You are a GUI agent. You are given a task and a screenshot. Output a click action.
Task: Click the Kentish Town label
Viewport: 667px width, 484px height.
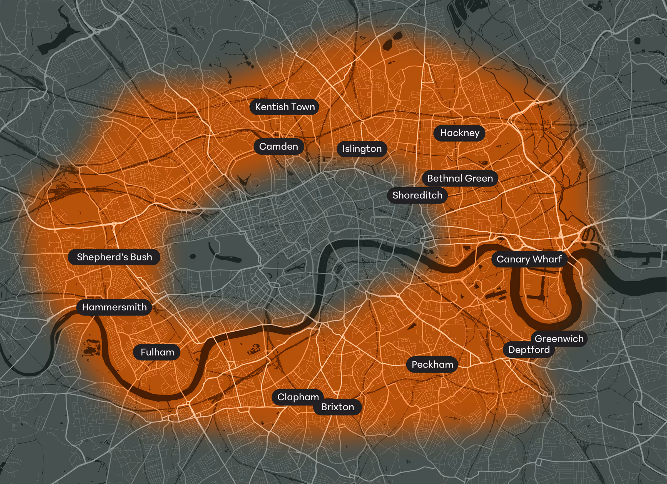coord(284,107)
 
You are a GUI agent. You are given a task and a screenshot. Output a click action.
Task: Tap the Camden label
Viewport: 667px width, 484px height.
coord(278,147)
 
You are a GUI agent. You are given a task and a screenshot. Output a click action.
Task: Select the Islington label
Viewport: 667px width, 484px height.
coord(362,149)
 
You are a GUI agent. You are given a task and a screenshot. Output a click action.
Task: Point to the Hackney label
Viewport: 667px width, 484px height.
coord(459,133)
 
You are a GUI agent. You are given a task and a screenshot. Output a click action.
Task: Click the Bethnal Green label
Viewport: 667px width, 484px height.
coord(460,178)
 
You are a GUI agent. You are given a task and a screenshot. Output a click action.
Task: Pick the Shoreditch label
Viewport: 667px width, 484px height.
coord(417,195)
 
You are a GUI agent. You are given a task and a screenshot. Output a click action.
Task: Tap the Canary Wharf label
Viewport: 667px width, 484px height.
coord(529,259)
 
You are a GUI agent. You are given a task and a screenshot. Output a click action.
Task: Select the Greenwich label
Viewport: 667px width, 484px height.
coord(559,339)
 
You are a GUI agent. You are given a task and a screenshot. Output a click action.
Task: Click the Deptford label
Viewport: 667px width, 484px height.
coord(529,350)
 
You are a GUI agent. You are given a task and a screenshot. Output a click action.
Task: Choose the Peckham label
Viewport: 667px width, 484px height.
coord(432,364)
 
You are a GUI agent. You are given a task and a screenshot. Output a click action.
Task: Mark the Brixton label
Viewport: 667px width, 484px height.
coord(337,407)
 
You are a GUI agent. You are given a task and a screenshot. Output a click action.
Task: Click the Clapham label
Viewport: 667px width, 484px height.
coord(298,397)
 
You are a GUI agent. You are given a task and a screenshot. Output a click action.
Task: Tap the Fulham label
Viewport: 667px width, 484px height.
coord(157,352)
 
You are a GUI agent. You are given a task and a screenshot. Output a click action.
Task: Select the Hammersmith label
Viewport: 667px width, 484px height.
coord(114,307)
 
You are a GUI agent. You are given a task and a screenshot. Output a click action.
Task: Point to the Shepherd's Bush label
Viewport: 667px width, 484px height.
coord(114,257)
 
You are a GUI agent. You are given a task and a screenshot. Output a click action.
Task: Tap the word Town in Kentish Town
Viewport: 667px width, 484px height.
coord(303,107)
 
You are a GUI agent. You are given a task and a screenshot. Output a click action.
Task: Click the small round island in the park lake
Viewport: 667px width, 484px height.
coord(193,256)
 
